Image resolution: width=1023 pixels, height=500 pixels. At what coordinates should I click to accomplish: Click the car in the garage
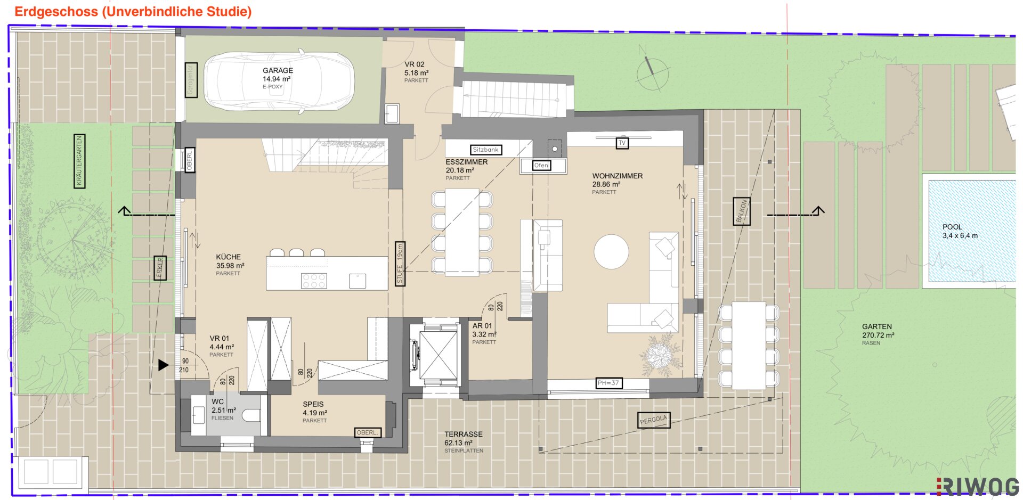click(279, 81)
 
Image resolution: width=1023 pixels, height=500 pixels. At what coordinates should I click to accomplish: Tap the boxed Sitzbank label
click(486, 150)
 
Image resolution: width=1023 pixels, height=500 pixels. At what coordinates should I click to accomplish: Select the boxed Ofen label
click(541, 165)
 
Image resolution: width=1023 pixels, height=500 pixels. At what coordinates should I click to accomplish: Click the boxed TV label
click(622, 143)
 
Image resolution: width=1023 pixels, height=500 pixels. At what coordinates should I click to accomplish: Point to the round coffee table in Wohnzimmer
click(611, 252)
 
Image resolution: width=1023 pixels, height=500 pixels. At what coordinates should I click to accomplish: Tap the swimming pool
click(972, 231)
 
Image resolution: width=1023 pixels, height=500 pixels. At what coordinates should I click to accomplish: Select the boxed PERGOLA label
click(654, 420)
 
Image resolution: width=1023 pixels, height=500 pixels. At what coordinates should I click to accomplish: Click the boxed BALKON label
click(742, 211)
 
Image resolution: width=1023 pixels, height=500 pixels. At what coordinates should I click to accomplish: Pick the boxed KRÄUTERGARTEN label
click(79, 161)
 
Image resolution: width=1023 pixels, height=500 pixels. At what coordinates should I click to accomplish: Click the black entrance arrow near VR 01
click(163, 365)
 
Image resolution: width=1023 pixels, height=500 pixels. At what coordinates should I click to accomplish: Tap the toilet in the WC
click(252, 415)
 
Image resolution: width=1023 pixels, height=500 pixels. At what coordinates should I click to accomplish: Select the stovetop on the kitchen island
click(314, 280)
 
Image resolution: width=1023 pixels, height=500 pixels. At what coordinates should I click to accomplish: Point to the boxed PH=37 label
click(608, 383)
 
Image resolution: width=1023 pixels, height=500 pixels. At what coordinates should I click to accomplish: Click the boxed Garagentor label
click(191, 80)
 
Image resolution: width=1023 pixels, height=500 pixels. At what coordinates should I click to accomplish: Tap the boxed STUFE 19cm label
click(400, 264)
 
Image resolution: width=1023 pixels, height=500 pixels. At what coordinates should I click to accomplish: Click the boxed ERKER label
click(160, 268)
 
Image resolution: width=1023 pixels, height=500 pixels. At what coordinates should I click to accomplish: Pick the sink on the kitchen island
click(358, 281)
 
